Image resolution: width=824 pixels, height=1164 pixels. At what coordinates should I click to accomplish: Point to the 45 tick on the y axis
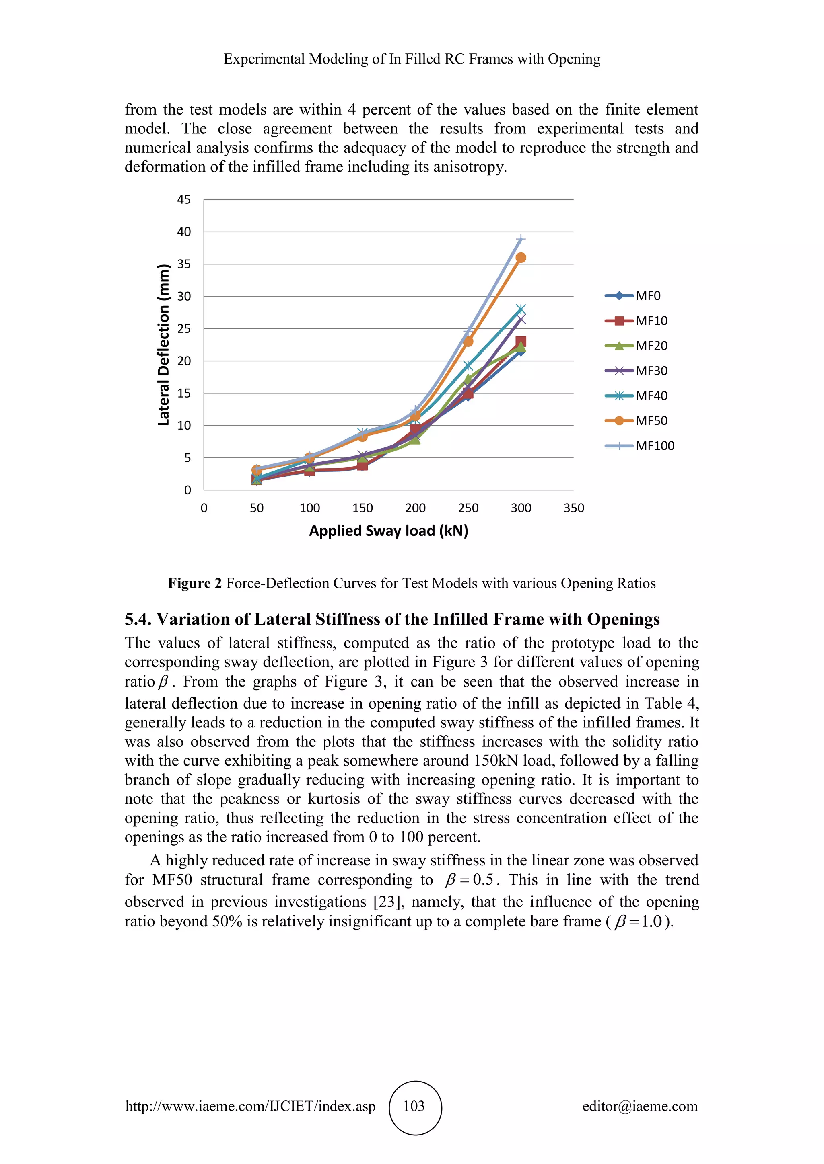pyautogui.click(x=184, y=200)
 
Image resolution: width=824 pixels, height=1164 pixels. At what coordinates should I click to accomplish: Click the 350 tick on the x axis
pyautogui.click(x=573, y=508)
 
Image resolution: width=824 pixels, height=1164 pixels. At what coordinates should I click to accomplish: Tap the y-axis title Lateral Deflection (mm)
pyautogui.click(x=163, y=345)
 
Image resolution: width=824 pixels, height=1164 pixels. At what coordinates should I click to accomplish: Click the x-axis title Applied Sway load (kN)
pyautogui.click(x=389, y=531)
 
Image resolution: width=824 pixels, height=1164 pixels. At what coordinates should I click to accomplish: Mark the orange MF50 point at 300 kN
pyautogui.click(x=521, y=258)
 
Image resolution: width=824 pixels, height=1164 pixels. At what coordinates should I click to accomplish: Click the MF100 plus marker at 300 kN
pyautogui.click(x=521, y=239)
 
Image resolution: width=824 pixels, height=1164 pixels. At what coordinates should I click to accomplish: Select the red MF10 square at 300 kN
pyautogui.click(x=521, y=342)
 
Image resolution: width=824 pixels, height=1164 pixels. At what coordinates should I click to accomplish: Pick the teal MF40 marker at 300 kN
pyautogui.click(x=521, y=309)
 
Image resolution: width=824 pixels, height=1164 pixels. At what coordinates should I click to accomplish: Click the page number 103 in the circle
pyautogui.click(x=414, y=1106)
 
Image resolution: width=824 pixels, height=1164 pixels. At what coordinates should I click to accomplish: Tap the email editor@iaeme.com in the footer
pyautogui.click(x=640, y=1106)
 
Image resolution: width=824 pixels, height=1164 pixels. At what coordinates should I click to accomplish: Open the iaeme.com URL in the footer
pyautogui.click(x=250, y=1106)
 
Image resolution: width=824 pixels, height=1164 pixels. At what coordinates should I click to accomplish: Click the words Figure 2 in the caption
pyautogui.click(x=195, y=584)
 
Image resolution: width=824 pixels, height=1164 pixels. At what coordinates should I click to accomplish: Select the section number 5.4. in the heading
pyautogui.click(x=138, y=619)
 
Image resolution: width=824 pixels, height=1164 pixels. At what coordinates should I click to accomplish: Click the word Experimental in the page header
pyautogui.click(x=264, y=59)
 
